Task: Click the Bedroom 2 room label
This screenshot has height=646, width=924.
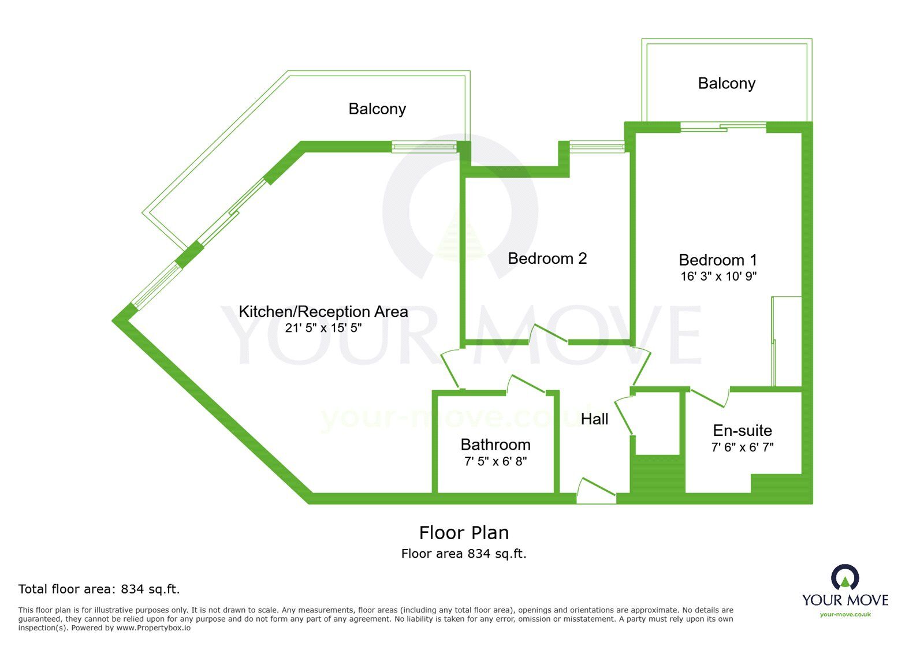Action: pyautogui.click(x=547, y=259)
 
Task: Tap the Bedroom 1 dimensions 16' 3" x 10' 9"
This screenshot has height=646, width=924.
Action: pyautogui.click(x=718, y=277)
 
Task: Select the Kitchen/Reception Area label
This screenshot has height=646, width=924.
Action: pyautogui.click(x=323, y=312)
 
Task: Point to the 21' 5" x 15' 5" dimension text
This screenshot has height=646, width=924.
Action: pyautogui.click(x=323, y=328)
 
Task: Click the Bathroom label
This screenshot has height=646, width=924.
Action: pyautogui.click(x=495, y=445)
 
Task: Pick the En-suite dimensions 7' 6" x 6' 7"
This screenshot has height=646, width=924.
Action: pyautogui.click(x=742, y=447)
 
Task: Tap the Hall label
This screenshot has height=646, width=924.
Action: pyautogui.click(x=594, y=419)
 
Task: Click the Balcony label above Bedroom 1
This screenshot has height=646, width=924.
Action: pyautogui.click(x=726, y=83)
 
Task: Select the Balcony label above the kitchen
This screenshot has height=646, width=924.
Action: pyautogui.click(x=377, y=109)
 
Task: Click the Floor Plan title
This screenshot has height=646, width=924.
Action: pyautogui.click(x=464, y=532)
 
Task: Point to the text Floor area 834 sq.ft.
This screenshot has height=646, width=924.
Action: pyautogui.click(x=464, y=554)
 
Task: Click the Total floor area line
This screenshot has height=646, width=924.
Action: pyautogui.click(x=99, y=589)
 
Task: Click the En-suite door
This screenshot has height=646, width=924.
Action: pyautogui.click(x=709, y=397)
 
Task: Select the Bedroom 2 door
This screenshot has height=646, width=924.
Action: pyautogui.click(x=549, y=334)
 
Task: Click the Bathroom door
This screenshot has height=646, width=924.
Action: pyautogui.click(x=527, y=384)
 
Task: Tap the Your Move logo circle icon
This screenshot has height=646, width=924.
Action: pyautogui.click(x=845, y=577)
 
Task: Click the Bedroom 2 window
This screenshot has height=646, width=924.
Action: pyautogui.click(x=597, y=147)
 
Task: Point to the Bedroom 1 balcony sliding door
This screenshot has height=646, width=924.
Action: pyautogui.click(x=723, y=126)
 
